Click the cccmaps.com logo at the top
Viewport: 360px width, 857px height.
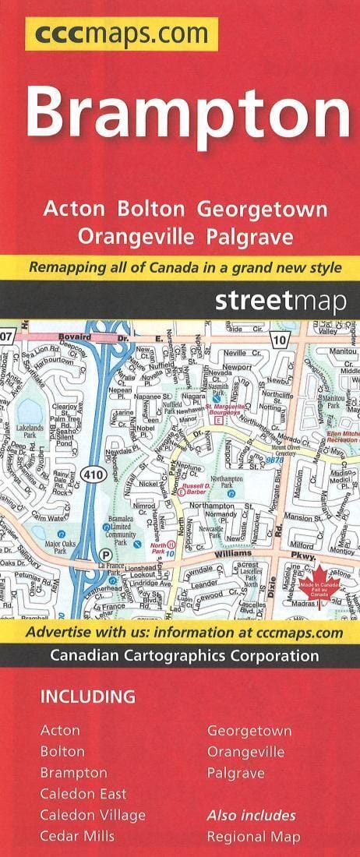(121, 34)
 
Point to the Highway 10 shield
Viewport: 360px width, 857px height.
(281, 340)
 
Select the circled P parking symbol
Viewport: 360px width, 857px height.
(106, 554)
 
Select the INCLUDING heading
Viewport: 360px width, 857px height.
(88, 697)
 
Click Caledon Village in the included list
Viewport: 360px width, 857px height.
(93, 815)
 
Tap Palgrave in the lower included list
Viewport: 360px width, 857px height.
(235, 773)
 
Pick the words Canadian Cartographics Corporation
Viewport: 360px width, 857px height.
(184, 655)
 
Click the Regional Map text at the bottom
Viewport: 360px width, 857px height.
(253, 837)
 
